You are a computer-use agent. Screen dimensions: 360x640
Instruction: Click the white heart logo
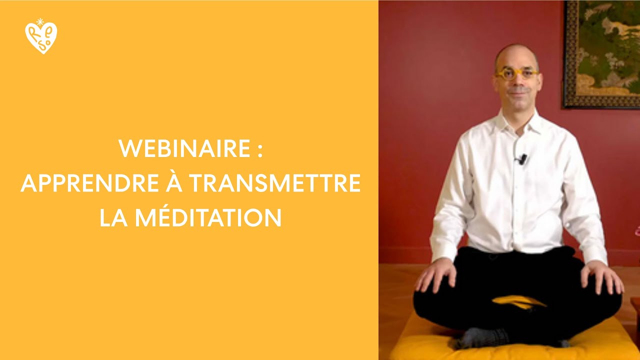(x=41, y=38)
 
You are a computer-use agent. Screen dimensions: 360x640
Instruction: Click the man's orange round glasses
(x=516, y=74)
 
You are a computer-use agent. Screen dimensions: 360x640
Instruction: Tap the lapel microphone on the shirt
(x=522, y=159)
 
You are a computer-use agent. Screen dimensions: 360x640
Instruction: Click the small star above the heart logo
(x=40, y=21)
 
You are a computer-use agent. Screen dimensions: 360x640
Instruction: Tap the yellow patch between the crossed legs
(x=518, y=302)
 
